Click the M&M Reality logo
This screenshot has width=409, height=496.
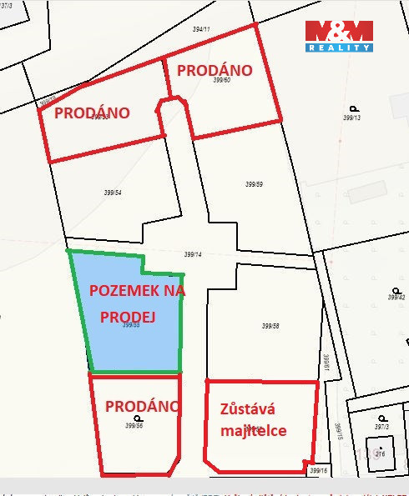point(338,36)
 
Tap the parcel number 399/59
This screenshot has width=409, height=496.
point(255,184)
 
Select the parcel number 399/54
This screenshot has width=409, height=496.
point(113,193)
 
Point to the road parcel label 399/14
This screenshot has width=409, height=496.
point(193,254)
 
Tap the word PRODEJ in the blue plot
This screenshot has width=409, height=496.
point(123,317)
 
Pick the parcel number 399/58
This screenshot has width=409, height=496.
point(270,326)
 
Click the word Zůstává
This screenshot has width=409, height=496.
point(247,409)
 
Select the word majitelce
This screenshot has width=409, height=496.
point(255,430)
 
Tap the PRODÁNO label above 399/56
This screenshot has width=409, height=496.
point(142,406)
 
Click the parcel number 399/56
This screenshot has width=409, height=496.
point(134,425)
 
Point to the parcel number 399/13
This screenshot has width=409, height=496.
point(351,118)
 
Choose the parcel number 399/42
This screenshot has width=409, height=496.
point(396,297)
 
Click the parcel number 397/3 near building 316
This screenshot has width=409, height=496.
point(381,427)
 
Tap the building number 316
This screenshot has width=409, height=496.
point(380,454)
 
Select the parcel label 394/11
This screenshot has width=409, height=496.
point(201,29)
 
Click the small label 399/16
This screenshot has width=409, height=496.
point(318,471)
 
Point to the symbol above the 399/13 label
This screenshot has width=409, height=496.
point(353,108)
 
